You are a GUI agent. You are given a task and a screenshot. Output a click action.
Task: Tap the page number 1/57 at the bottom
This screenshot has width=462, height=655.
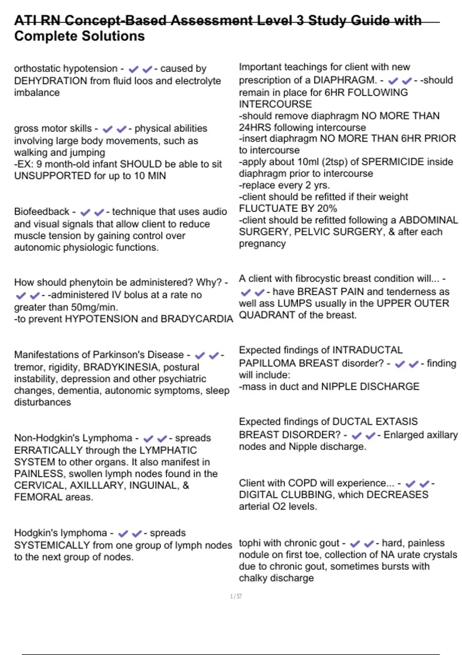pyautogui.click(x=236, y=596)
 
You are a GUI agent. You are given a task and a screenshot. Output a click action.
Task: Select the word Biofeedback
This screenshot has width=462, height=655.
pyautogui.click(x=42, y=212)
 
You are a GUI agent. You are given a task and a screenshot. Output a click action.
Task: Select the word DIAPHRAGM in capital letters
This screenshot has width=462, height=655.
pyautogui.click(x=345, y=80)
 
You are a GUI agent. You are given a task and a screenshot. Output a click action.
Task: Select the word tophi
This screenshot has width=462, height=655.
pyautogui.click(x=249, y=543)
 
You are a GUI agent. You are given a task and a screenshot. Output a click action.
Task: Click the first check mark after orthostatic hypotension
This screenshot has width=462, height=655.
pyautogui.click(x=133, y=69)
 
